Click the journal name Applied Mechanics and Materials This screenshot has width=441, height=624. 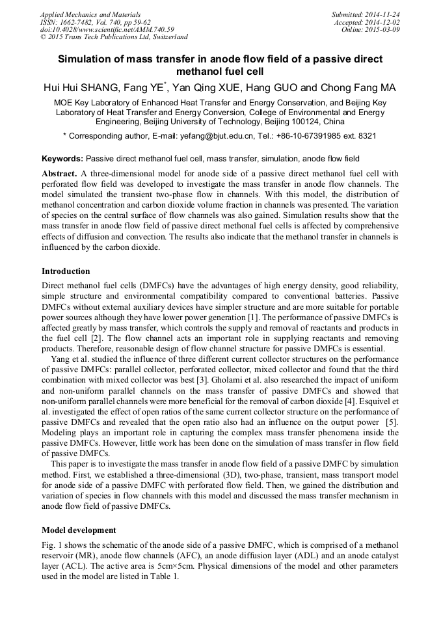coord(90,14)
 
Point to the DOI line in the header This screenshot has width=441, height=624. coord(107,30)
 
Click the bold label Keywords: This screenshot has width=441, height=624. coord(62,159)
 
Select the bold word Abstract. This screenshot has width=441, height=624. coord(59,174)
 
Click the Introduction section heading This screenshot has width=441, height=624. coord(66,271)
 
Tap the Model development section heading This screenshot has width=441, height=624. coord(79,530)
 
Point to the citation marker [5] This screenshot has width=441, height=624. coord(392,422)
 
